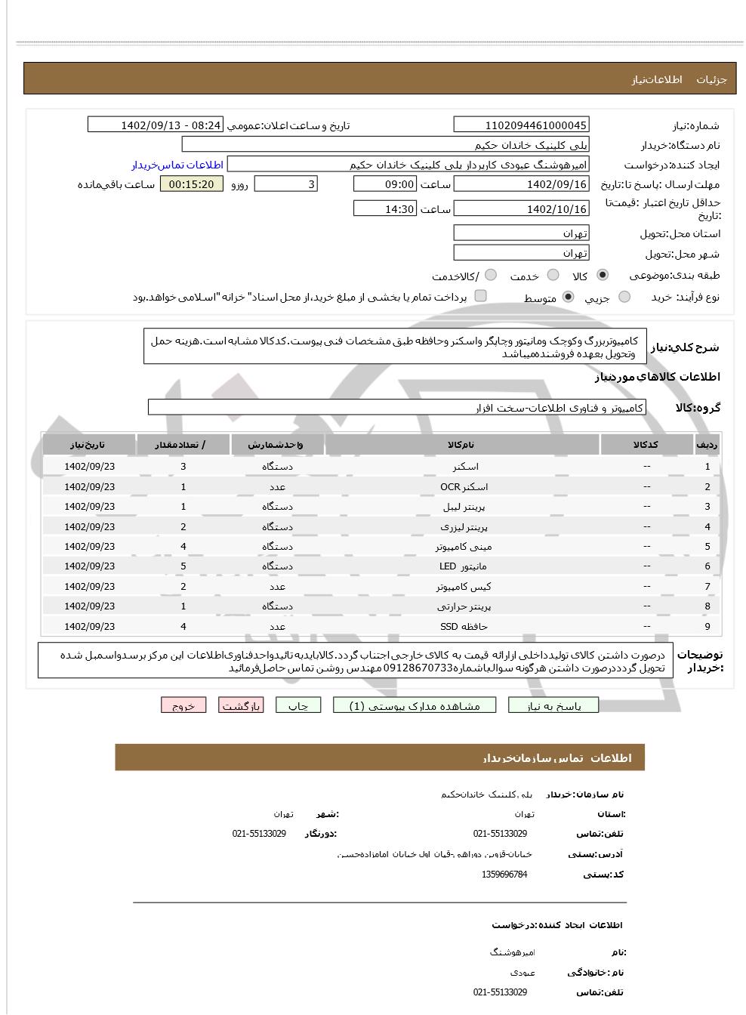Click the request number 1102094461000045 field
[x=521, y=125]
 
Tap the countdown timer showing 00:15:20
[x=192, y=184]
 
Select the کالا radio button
[x=603, y=276]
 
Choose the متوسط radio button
[x=569, y=298]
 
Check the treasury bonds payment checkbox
[x=480, y=296]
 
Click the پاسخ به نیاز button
[x=553, y=705]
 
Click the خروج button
[x=183, y=705]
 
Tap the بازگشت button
[x=241, y=705]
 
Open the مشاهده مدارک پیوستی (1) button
[x=415, y=705]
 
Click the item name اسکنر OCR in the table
[x=464, y=487]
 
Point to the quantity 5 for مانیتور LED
[x=183, y=566]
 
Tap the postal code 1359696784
[x=504, y=875]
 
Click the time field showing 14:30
[x=385, y=209]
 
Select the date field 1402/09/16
[x=521, y=184]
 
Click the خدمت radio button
[x=553, y=276]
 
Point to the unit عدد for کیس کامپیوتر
[x=277, y=587]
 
